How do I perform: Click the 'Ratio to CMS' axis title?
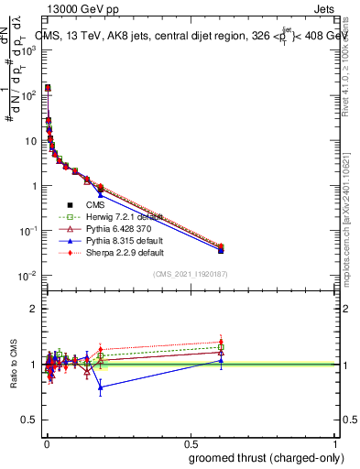(x=14, y=364)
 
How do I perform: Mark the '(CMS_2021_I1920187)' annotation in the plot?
(x=191, y=274)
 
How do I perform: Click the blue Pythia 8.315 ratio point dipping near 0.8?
(x=101, y=387)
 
